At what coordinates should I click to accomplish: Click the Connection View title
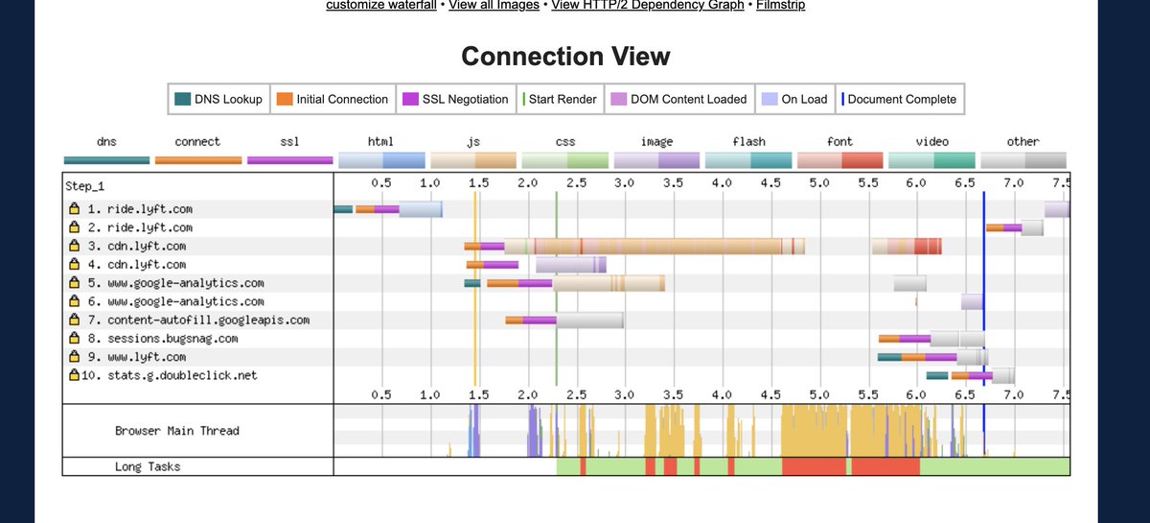(565, 57)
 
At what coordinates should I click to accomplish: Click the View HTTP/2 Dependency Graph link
(648, 6)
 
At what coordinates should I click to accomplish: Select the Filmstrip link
(780, 6)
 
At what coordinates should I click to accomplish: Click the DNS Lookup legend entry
(218, 99)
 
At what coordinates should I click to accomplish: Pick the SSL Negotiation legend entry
(455, 99)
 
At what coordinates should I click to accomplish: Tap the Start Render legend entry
(561, 99)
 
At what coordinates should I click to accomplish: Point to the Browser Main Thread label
(176, 431)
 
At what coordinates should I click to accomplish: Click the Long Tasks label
(148, 466)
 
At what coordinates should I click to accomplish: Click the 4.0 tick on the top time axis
(722, 181)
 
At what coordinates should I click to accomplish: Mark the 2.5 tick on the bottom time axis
(576, 394)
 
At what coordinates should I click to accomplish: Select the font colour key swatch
(839, 159)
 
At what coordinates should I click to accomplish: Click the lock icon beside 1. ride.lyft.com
(73, 208)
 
